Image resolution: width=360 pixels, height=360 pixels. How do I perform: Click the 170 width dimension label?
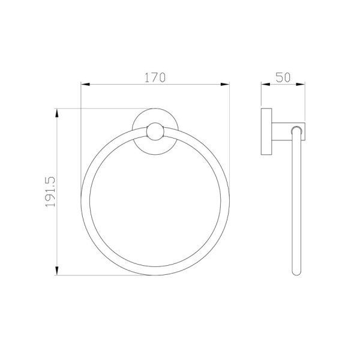[x=155, y=77]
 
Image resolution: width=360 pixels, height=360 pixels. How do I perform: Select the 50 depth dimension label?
[x=283, y=77]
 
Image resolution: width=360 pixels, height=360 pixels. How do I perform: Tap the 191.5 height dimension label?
[x=50, y=192]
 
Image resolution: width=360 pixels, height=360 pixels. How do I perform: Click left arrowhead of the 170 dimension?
[x=85, y=84]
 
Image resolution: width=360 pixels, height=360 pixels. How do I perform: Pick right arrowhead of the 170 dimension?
[x=225, y=84]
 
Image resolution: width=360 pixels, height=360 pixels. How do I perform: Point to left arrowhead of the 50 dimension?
[x=265, y=84]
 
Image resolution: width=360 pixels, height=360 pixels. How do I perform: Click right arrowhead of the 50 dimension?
[x=301, y=84]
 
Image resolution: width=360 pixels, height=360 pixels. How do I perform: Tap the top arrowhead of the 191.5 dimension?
[x=57, y=113]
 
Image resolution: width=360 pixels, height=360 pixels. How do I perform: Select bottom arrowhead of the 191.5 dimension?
[x=57, y=271]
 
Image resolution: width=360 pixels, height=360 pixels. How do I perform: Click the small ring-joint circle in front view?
[x=155, y=131]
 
